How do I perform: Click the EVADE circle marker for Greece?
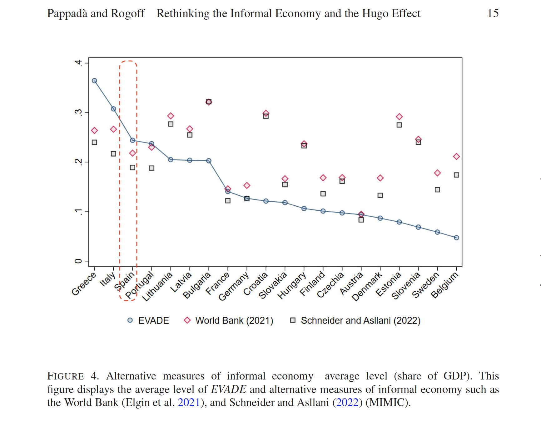click(94, 81)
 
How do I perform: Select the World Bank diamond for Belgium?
click(456, 156)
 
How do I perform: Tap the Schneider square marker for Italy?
click(114, 154)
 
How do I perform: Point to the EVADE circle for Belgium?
click(456, 238)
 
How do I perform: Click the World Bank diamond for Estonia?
click(399, 117)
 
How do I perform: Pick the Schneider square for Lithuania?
click(171, 124)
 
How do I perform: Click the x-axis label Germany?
click(234, 286)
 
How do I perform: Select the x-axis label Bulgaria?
click(197, 285)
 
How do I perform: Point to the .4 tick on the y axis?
click(78, 63)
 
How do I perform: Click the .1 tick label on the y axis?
click(78, 212)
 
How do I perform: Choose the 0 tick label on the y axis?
click(78, 261)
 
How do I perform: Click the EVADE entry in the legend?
click(153, 320)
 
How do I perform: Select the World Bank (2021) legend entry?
click(234, 320)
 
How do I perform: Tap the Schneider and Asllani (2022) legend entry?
click(360, 320)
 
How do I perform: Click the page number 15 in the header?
click(493, 13)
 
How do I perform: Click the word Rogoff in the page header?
click(128, 13)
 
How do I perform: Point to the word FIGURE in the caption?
click(66, 376)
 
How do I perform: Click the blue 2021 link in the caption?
click(189, 402)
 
